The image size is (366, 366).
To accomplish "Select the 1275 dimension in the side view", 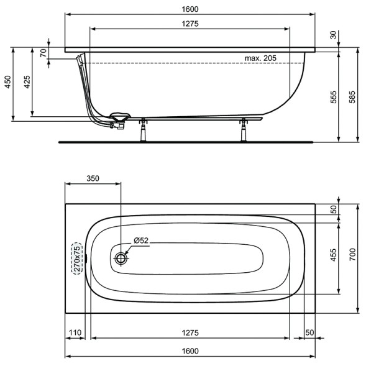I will (190, 24).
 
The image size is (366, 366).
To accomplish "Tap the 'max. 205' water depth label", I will (260, 58).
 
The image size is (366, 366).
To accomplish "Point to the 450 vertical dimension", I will (9, 83).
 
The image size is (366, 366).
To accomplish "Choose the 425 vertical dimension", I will (26, 83).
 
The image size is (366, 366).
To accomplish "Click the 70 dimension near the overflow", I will (43, 53).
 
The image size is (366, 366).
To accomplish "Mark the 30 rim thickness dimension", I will (334, 36).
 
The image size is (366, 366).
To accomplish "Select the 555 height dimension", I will (334, 96).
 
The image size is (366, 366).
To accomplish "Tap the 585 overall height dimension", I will (352, 96).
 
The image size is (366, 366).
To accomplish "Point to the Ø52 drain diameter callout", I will (141, 240).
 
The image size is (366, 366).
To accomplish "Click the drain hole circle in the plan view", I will (122, 257).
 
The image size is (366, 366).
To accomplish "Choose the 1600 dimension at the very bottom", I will (190, 351).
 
